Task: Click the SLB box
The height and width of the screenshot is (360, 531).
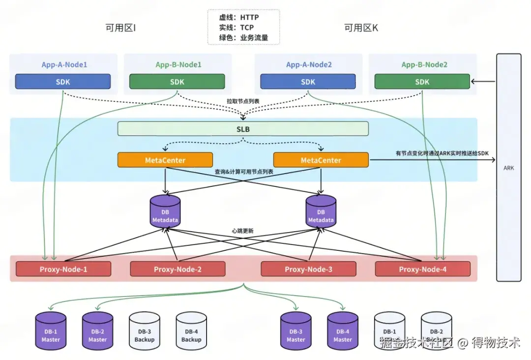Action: click(243, 128)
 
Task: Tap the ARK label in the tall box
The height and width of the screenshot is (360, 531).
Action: click(508, 168)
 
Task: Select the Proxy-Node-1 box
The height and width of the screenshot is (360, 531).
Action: click(63, 269)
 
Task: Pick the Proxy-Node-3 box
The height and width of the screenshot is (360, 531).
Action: click(308, 269)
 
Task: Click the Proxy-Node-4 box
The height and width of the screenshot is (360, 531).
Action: click(422, 269)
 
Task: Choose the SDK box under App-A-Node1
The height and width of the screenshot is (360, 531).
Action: click(63, 82)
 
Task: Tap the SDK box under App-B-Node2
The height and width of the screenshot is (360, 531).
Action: click(422, 82)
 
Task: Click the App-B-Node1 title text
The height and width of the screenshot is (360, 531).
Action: click(178, 64)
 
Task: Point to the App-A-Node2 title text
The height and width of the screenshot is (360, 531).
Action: click(309, 64)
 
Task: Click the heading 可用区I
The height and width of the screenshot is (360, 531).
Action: click(120, 28)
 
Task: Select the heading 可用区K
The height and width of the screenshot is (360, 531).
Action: click(361, 28)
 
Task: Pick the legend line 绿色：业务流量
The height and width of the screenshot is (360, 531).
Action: click(243, 38)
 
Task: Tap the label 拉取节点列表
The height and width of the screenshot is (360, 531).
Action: click(243, 101)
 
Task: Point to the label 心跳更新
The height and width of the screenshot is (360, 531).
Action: click(243, 231)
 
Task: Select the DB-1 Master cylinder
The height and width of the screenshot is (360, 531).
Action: click(51, 330)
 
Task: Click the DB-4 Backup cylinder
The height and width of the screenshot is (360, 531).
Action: click(191, 330)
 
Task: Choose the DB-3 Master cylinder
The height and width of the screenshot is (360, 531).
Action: click(296, 330)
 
